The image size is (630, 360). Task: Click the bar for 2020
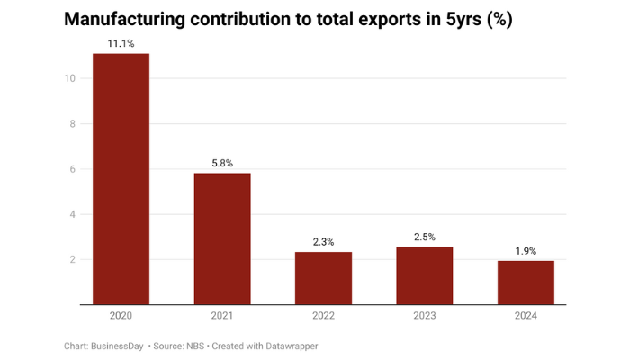click(121, 180)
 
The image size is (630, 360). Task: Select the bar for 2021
click(222, 239)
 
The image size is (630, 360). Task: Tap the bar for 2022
click(324, 279)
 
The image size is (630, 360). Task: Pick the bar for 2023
click(425, 276)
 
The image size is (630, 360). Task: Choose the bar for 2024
click(526, 283)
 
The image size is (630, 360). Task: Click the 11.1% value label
click(121, 43)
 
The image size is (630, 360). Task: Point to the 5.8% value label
click(222, 163)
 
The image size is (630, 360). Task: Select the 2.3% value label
click(324, 242)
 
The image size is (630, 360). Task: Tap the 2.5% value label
click(425, 237)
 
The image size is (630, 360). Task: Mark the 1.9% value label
click(526, 251)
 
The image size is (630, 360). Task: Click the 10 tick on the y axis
click(69, 78)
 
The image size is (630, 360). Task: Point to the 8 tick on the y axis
click(72, 124)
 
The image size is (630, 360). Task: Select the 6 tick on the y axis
click(72, 169)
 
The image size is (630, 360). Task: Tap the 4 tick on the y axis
click(72, 214)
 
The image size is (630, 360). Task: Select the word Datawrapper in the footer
click(290, 346)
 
